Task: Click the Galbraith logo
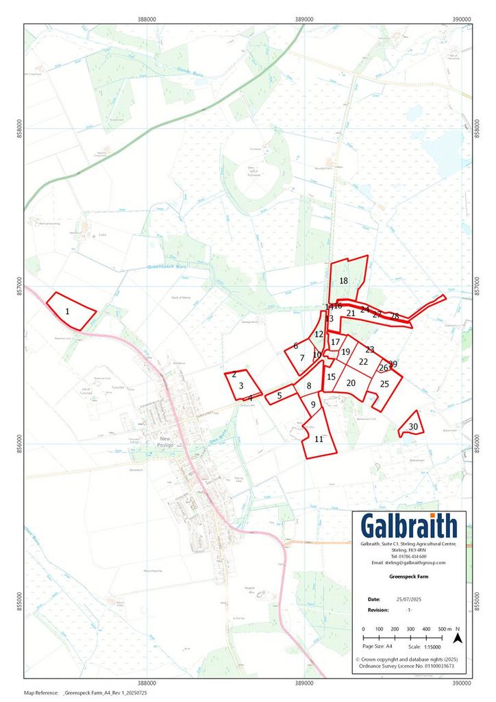point(410,526)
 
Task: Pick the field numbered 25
point(384,385)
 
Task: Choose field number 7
point(301,358)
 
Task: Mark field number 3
point(241,386)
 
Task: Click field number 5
point(279,396)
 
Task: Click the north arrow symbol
point(460,638)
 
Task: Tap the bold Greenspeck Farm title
point(410,578)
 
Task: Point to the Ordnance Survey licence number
point(410,666)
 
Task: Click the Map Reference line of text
point(86,693)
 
